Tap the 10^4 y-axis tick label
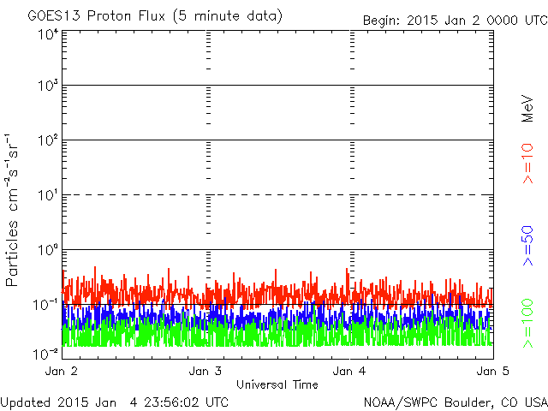[x=47, y=35]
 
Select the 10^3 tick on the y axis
[x=47, y=86]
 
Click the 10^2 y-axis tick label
[x=47, y=141]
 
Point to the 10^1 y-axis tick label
[x=47, y=196]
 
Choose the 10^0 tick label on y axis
[x=47, y=251]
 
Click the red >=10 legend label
[x=528, y=163]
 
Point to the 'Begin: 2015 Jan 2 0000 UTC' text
[x=453, y=19]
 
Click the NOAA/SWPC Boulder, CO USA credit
[x=455, y=402]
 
